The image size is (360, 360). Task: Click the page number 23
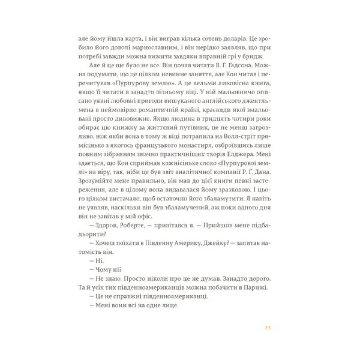click(267, 327)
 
